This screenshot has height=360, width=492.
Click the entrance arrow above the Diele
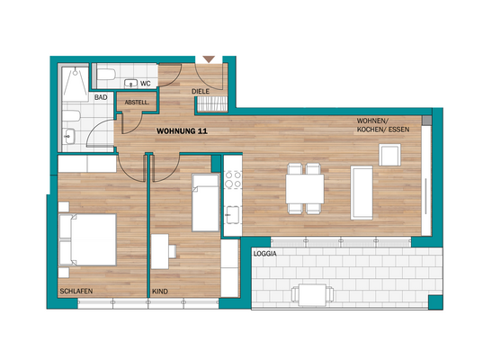pyautogui.click(x=210, y=59)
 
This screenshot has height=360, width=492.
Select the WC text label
pyautogui.click(x=145, y=84)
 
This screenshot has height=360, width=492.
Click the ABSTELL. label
pyautogui.click(x=137, y=103)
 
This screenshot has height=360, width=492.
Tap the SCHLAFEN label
pyautogui.click(x=76, y=291)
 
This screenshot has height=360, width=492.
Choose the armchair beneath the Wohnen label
pyautogui.click(x=389, y=156)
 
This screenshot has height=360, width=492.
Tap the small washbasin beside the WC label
pyautogui.click(x=127, y=84)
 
